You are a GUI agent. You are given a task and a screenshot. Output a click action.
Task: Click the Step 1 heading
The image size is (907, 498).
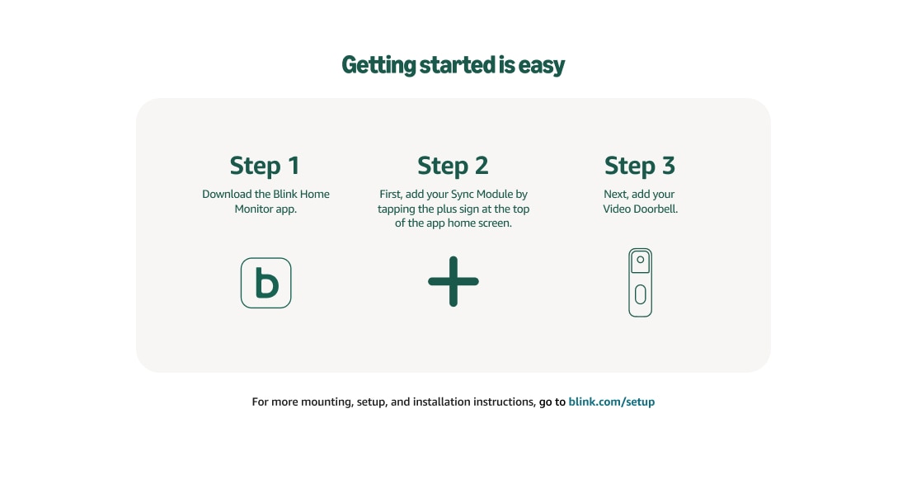pos(265,165)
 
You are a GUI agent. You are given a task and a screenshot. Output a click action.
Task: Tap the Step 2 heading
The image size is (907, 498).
pos(453,165)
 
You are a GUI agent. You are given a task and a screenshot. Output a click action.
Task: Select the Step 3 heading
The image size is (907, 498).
pos(640,165)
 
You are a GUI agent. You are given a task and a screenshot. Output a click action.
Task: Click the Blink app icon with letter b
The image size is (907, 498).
pos(266,283)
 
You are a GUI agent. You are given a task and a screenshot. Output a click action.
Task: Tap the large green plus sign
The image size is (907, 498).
pos(453,281)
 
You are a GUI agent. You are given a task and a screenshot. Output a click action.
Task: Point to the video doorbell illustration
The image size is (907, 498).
pos(641,282)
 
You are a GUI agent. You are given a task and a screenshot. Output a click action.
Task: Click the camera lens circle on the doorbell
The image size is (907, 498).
pos(641,260)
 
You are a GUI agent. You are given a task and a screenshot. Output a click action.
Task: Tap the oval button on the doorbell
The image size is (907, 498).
pos(641,294)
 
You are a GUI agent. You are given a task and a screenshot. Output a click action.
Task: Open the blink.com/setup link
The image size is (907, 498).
pos(611,402)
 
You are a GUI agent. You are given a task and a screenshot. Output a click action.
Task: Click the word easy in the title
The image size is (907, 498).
pos(542,65)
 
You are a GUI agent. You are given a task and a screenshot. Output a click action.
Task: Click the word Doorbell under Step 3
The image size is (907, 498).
pos(654,209)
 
